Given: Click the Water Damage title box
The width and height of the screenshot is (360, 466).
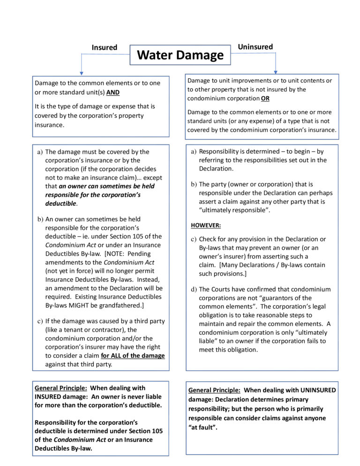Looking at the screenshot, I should point(180,55).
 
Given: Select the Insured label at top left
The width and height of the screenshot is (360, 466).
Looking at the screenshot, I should point(104,47).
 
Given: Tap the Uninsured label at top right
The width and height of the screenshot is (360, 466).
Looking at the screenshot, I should point(255,46).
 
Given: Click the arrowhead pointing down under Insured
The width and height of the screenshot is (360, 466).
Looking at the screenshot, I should point(82,73).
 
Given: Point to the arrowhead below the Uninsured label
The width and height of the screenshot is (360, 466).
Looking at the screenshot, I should point(276,71).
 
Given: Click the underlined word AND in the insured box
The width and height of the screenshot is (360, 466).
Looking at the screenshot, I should point(113,92).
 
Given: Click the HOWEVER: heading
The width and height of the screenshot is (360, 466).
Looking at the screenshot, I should point(206,225).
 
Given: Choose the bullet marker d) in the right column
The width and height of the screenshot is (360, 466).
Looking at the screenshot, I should point(194,289).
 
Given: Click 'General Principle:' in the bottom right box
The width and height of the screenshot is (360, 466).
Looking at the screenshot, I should point(214,390).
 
